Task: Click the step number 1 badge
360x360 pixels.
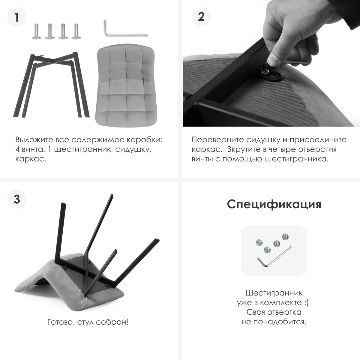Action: click(x=16, y=17)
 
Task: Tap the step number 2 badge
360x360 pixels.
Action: click(x=201, y=17)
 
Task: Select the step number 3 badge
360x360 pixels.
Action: click(x=16, y=199)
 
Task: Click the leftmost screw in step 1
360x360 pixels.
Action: click(x=36, y=31)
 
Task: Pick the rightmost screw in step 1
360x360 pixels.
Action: click(x=76, y=31)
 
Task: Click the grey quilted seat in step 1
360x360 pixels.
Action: click(x=126, y=85)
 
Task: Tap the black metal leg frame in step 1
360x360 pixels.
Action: click(x=51, y=85)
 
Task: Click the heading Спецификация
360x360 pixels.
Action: click(x=274, y=204)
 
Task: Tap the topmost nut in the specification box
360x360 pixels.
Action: click(x=285, y=237)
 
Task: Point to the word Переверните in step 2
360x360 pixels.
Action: click(x=218, y=140)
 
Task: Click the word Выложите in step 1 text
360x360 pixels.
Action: click(x=34, y=140)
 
